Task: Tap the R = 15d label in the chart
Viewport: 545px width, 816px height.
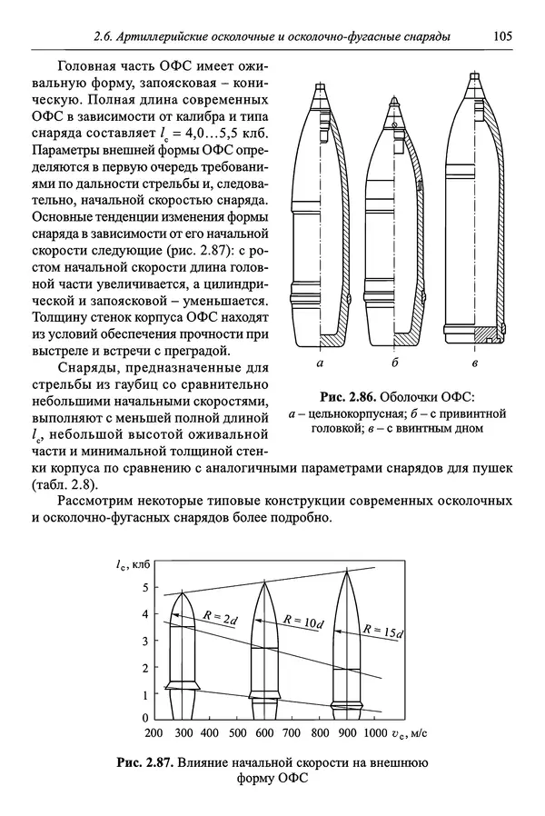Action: click(382, 630)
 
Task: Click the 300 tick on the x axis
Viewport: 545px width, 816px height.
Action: click(183, 732)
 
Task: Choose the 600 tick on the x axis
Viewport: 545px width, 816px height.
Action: click(263, 732)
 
